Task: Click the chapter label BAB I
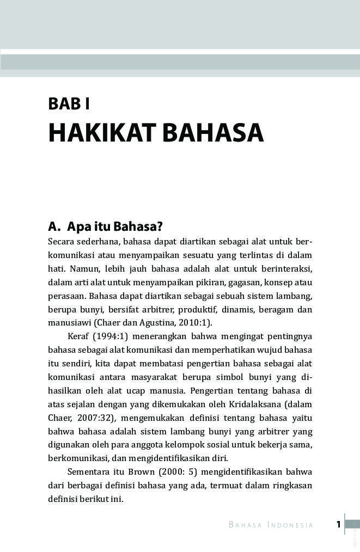(69, 103)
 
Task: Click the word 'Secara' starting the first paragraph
(62, 242)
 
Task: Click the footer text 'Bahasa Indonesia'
(271, 525)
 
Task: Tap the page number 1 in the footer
(338, 525)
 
